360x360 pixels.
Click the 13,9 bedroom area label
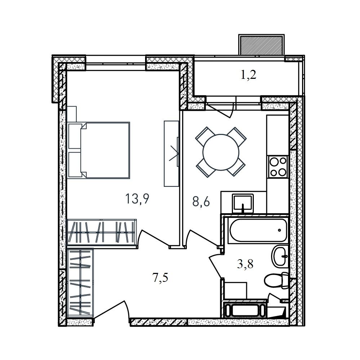[x=137, y=199]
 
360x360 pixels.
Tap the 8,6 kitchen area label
[x=201, y=202]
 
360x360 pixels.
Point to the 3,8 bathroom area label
[x=245, y=264]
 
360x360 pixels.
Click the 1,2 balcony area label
[x=249, y=75]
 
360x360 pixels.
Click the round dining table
[x=221, y=152]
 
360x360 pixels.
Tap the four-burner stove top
[x=278, y=166]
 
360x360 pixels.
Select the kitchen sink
[x=243, y=203]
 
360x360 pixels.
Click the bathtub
[x=258, y=230]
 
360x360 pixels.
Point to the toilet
[x=276, y=280]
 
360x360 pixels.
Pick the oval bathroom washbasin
[x=280, y=256]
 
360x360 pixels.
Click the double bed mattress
[x=105, y=150]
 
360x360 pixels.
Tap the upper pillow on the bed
[x=75, y=136]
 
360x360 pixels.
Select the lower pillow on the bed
[x=75, y=165]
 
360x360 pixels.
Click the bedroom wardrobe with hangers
[x=102, y=232]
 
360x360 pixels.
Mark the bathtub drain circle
[x=279, y=230]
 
